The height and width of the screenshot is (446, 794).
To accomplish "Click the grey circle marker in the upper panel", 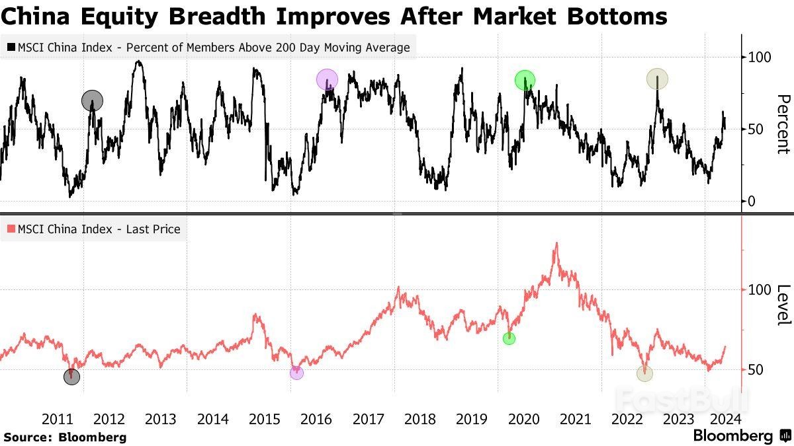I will (x=93, y=101).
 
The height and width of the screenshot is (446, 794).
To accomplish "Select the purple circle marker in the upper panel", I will (x=327, y=80).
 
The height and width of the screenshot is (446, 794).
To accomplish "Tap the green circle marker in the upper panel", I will (x=525, y=80).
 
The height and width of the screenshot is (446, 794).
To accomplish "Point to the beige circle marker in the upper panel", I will (x=657, y=79).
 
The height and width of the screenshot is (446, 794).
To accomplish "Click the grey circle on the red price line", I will (x=71, y=377).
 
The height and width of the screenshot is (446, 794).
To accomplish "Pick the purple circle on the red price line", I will (x=296, y=373).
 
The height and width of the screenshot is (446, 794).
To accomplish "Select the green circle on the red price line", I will (x=509, y=338).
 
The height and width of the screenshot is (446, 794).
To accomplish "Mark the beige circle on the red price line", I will (x=644, y=373).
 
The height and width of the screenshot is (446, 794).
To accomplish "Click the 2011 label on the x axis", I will (x=57, y=419).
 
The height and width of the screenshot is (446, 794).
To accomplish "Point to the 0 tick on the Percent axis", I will (x=750, y=202).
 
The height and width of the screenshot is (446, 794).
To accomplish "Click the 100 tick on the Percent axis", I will (x=758, y=57).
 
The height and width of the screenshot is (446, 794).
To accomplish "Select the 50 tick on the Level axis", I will (x=754, y=369).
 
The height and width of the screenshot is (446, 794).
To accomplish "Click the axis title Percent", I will (x=782, y=124).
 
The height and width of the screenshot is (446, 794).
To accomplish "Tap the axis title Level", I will (x=782, y=305).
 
